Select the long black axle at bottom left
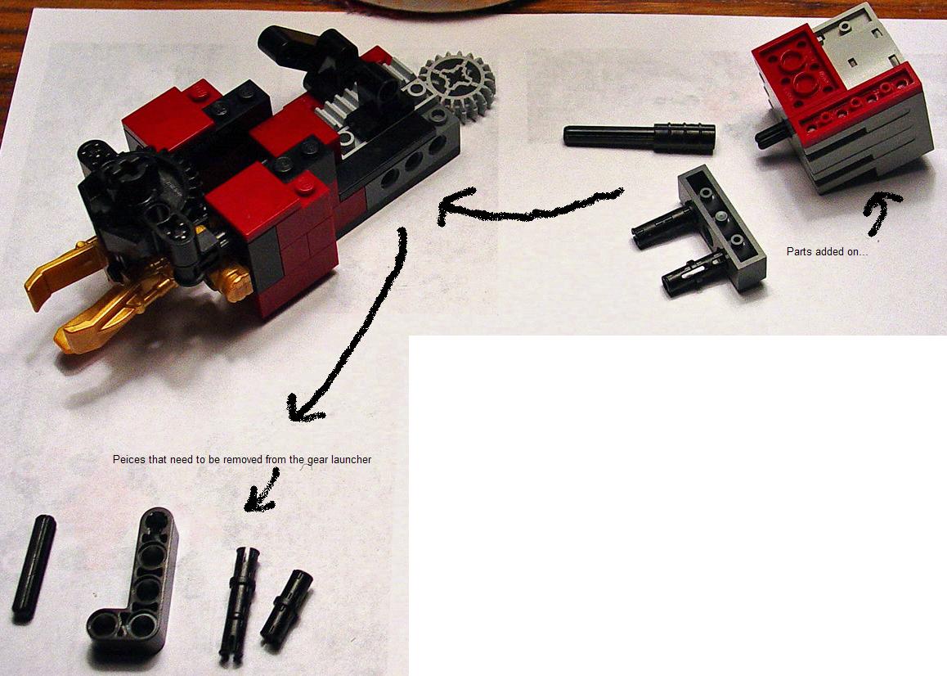tap(34, 567)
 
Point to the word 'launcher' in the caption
tap(352, 460)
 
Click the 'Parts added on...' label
tap(827, 251)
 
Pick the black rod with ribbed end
tap(639, 135)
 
